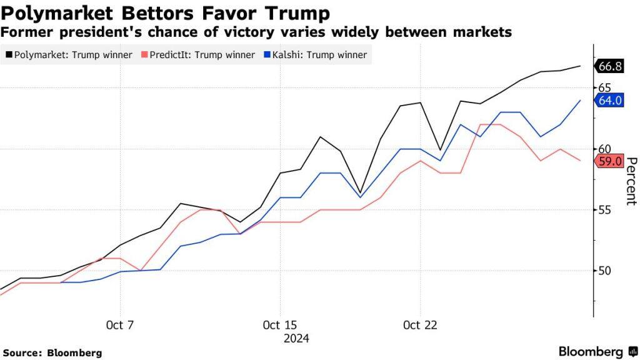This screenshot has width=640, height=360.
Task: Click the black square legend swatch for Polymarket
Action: pyautogui.click(x=9, y=55)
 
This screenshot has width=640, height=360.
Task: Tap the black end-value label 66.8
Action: pyautogui.click(x=609, y=66)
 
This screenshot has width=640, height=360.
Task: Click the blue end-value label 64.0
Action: pyautogui.click(x=609, y=100)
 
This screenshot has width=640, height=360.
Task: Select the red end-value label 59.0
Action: pyautogui.click(x=609, y=161)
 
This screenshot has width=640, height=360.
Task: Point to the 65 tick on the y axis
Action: pyautogui.click(x=604, y=88)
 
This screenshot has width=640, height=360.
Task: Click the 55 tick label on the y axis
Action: pyautogui.click(x=604, y=210)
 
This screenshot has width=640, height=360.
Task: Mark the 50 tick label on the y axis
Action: pyautogui.click(x=604, y=271)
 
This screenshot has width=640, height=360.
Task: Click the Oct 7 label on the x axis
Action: pyautogui.click(x=120, y=326)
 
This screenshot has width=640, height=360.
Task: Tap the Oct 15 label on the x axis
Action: pyautogui.click(x=280, y=326)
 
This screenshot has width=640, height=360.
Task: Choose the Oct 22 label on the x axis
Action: pyautogui.click(x=420, y=326)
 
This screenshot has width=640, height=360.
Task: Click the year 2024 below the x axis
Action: pyautogui.click(x=296, y=339)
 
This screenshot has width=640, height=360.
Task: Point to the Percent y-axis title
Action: pyautogui.click(x=631, y=181)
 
